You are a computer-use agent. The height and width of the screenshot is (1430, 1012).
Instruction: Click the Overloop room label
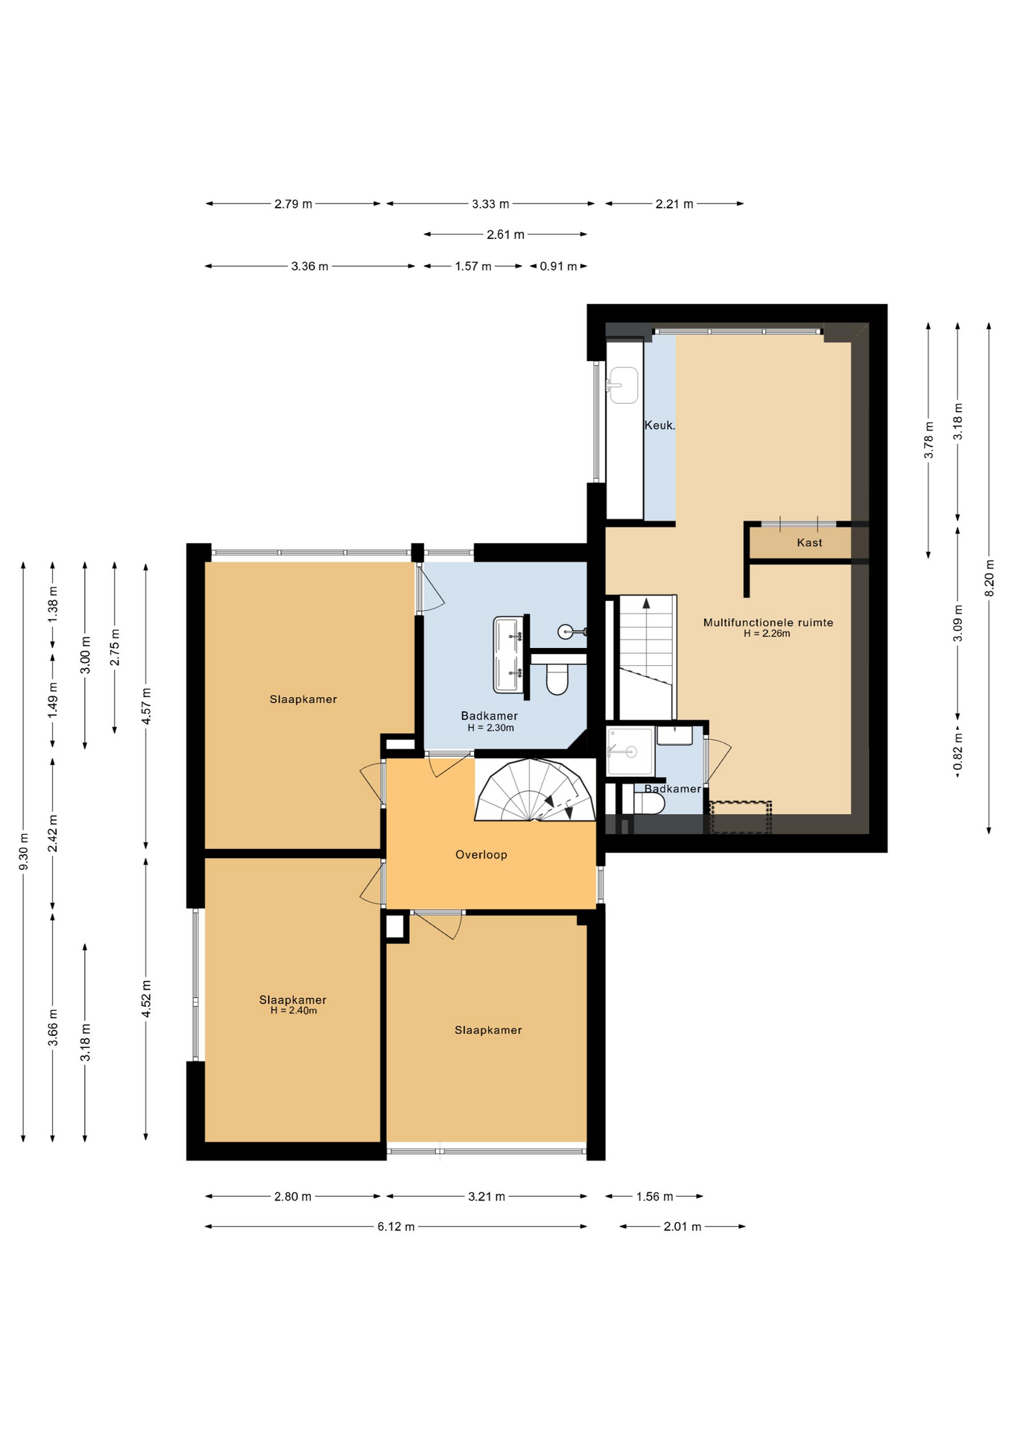click(481, 855)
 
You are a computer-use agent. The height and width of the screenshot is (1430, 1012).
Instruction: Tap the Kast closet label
click(809, 543)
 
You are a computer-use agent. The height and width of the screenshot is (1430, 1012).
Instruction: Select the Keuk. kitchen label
click(660, 426)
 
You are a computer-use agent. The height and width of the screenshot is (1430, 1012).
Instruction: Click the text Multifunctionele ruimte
click(768, 623)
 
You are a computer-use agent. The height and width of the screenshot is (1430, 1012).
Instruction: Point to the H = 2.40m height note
click(294, 1011)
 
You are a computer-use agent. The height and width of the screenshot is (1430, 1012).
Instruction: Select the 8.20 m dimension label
click(989, 578)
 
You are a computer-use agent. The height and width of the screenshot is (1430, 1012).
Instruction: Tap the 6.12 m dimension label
click(396, 1227)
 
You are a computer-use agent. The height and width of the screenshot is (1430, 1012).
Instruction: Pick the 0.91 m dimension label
click(558, 267)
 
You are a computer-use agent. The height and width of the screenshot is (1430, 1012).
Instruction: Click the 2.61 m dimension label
click(505, 235)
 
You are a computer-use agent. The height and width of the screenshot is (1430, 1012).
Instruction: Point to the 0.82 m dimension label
click(958, 752)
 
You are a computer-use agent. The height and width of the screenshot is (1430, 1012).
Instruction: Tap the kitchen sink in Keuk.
click(623, 385)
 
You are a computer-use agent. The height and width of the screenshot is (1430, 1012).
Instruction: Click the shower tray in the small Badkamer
click(630, 751)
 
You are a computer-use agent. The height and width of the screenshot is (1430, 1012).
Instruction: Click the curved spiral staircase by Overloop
click(535, 790)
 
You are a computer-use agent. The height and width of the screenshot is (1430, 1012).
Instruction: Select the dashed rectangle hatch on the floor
click(741, 817)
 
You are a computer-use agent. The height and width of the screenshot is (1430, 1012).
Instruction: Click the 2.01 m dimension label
click(683, 1227)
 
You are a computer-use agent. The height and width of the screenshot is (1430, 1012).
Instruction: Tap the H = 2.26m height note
click(767, 634)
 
